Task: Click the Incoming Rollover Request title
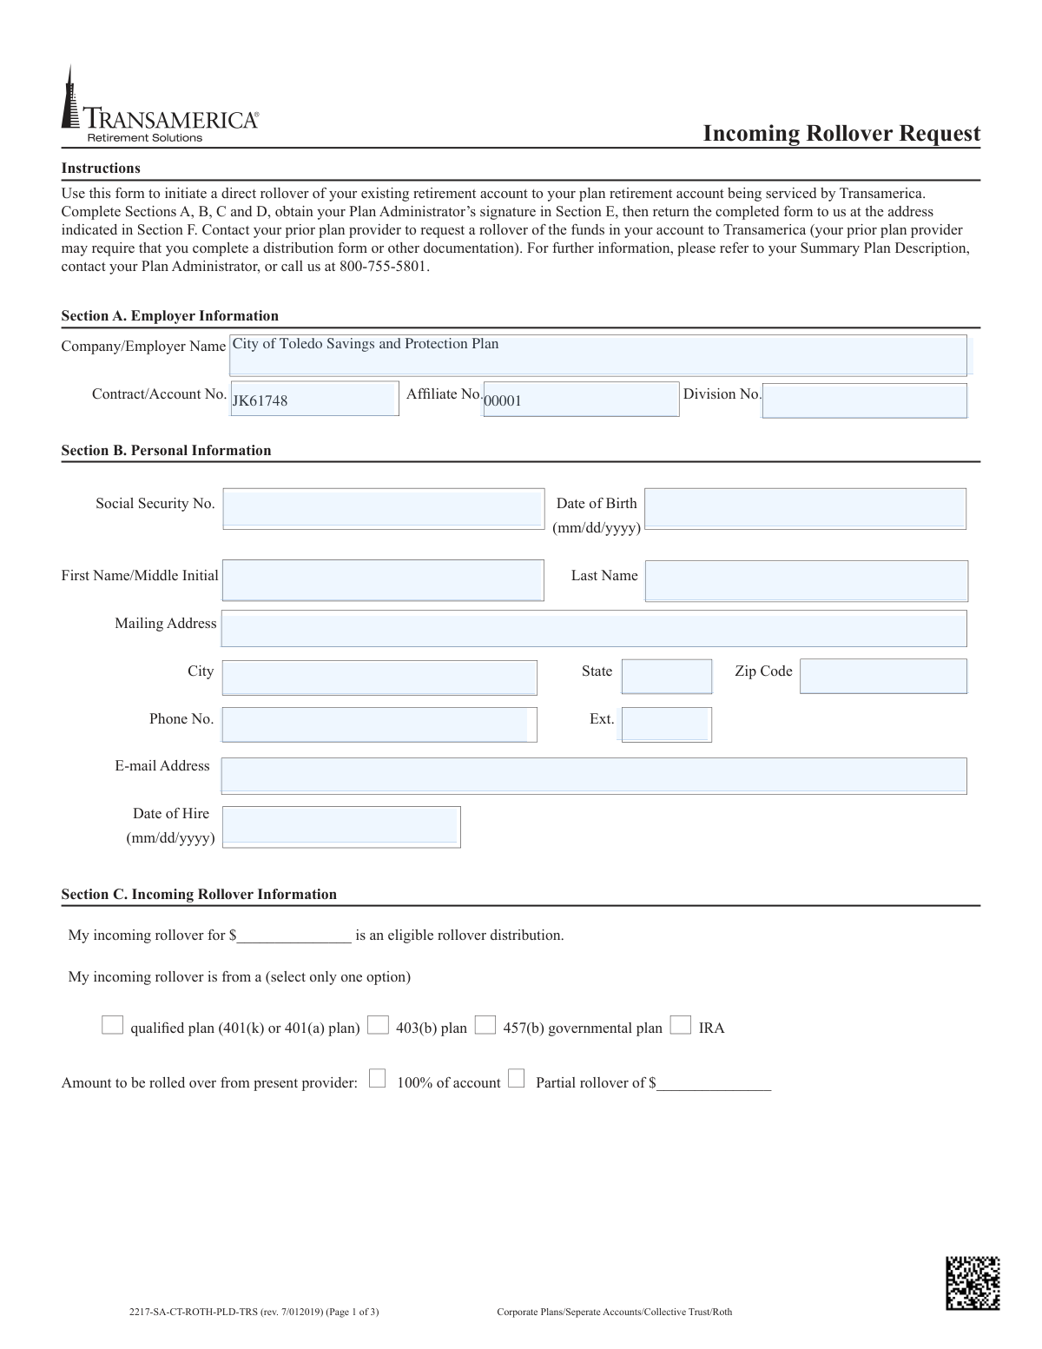point(841,133)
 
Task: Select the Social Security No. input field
point(383,509)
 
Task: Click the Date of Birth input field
point(805,509)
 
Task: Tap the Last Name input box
point(806,581)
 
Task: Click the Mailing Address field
point(593,629)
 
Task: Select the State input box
point(667,677)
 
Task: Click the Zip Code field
point(883,677)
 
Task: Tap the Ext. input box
point(667,724)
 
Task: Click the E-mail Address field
point(593,776)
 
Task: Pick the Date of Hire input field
point(341,827)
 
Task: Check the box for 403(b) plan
point(378,1026)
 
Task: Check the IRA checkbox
point(681,1026)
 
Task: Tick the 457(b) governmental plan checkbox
point(485,1026)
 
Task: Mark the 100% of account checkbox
point(377,1080)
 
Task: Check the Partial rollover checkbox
point(516,1080)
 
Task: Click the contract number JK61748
point(260,400)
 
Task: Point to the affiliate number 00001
point(503,400)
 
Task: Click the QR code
point(973,1283)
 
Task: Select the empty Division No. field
point(864,400)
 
